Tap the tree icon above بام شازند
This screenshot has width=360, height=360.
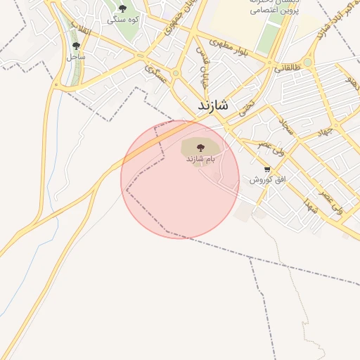click(x=200, y=148)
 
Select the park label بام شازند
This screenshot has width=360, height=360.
click(x=200, y=160)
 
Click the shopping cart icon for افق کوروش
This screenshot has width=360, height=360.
click(x=267, y=169)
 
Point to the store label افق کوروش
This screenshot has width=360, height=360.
click(x=267, y=180)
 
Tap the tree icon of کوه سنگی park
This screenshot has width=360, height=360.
click(x=123, y=8)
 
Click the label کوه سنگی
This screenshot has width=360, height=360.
click(x=123, y=20)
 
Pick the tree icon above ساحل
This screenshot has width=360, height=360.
click(x=76, y=46)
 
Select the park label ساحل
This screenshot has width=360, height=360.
click(x=76, y=56)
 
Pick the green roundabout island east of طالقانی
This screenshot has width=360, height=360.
click(x=308, y=62)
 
